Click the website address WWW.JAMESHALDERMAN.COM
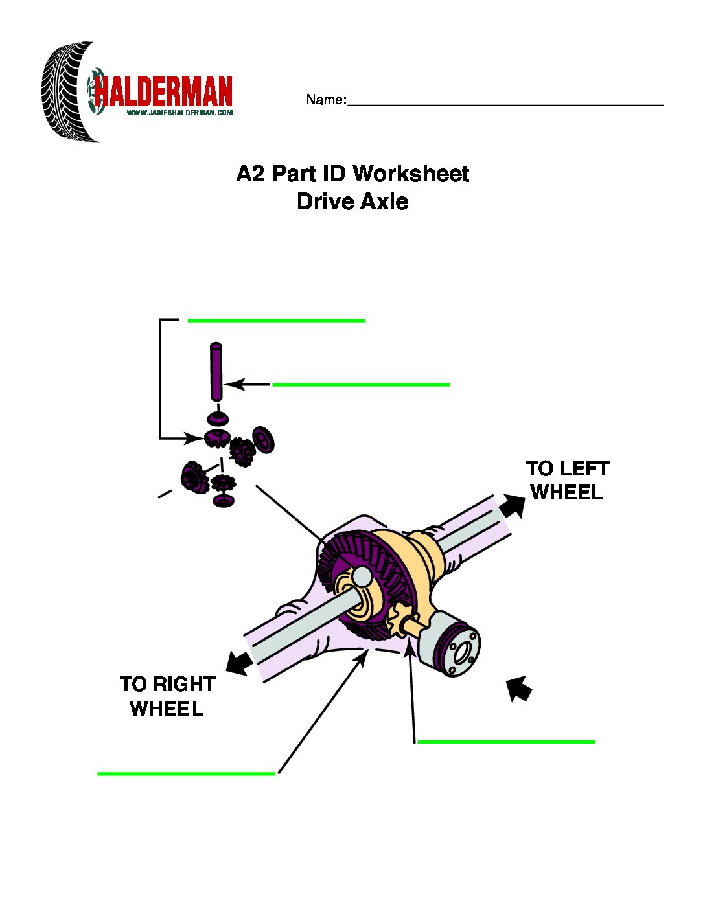click(179, 113)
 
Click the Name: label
click(326, 100)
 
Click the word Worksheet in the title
click(411, 174)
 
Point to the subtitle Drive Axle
click(352, 201)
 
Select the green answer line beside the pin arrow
click(361, 385)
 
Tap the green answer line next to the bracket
click(276, 320)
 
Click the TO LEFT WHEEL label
click(568, 480)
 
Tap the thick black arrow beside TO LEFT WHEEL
click(512, 506)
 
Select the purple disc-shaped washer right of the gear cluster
click(263, 440)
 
